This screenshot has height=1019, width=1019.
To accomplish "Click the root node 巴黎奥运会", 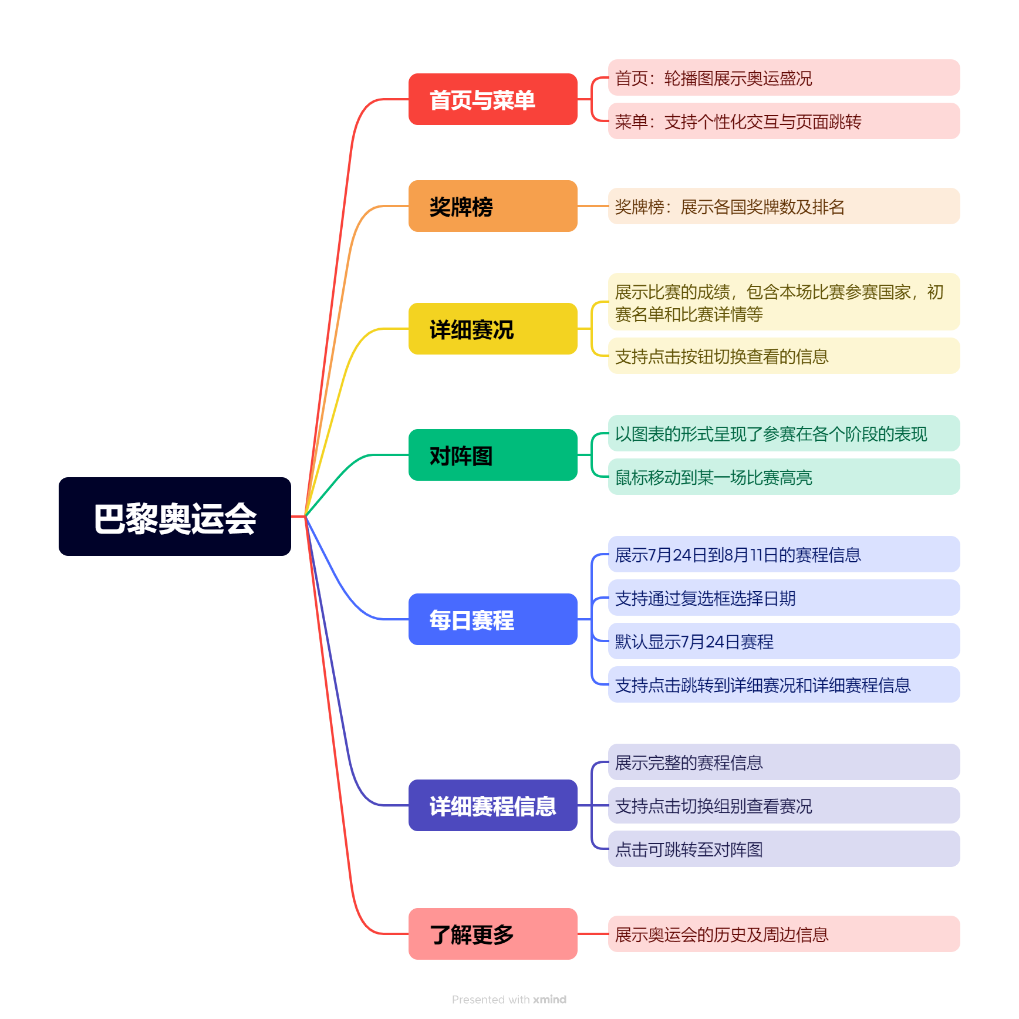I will (x=175, y=517).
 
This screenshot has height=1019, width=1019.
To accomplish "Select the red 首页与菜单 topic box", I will (x=492, y=99).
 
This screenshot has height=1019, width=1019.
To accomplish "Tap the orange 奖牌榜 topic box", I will (x=492, y=206).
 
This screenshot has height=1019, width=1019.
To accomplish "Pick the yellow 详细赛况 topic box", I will (x=492, y=329).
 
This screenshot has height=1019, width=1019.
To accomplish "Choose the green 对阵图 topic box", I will (x=492, y=455).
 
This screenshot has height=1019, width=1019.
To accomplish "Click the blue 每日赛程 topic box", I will (x=492, y=619).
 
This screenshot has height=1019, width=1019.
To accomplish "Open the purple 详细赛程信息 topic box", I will (x=492, y=805).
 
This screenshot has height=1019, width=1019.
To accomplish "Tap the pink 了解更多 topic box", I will (x=492, y=934).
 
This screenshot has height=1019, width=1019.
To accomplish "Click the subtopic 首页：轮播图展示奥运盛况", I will (x=784, y=77).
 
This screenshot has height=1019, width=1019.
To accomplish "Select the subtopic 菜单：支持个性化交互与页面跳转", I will (x=784, y=121).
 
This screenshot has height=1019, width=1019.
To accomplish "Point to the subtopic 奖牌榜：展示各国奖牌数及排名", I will (x=784, y=206).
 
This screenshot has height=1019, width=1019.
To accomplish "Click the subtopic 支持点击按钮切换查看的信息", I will (x=784, y=356).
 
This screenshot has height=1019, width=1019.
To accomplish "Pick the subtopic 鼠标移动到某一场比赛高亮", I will (x=784, y=477).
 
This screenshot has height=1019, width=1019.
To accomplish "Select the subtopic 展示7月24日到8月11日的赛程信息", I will (x=784, y=554).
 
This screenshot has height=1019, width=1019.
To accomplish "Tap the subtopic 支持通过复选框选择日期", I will (x=784, y=598).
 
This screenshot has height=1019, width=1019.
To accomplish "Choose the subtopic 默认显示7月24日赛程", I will (x=784, y=641).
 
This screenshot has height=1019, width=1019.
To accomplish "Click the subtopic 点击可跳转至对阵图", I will (x=784, y=849).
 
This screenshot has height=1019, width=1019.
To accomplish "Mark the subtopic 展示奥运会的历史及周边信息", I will (x=784, y=934).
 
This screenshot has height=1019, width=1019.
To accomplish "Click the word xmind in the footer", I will (x=549, y=1000).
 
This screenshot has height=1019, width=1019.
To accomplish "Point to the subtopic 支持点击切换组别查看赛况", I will (x=784, y=805).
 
